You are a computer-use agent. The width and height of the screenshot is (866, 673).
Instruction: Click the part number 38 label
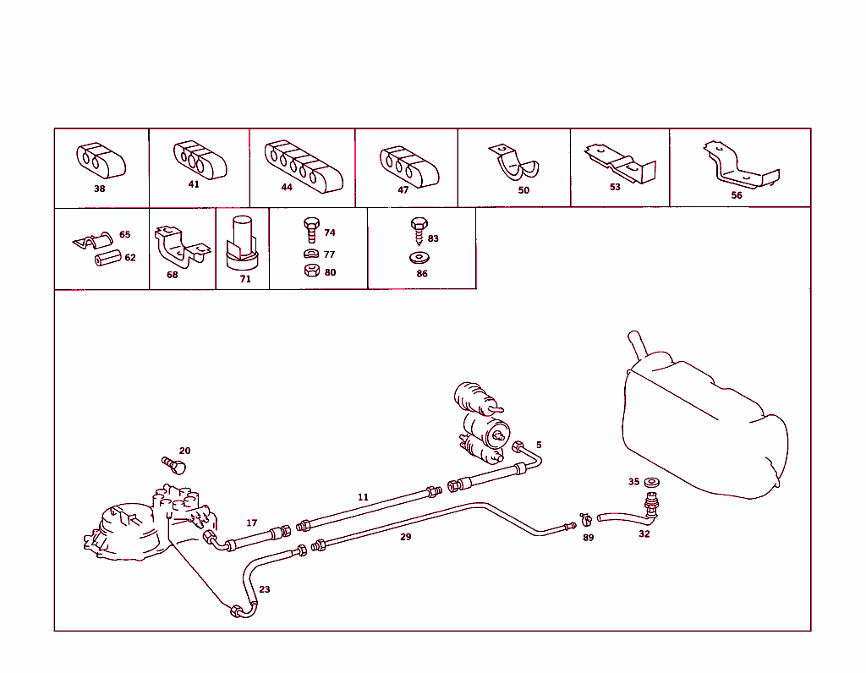(x=100, y=189)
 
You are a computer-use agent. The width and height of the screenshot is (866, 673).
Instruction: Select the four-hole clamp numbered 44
(x=304, y=166)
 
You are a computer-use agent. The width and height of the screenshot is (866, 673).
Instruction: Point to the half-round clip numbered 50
(x=514, y=162)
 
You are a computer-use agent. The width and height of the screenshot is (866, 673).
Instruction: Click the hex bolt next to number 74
(x=311, y=230)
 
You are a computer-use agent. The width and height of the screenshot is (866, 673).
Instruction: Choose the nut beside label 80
(x=312, y=271)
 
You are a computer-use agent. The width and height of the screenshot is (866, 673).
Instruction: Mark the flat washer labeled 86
(x=419, y=257)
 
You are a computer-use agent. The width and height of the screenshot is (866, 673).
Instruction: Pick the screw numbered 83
(x=419, y=231)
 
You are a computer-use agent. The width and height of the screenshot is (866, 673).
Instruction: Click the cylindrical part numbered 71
(x=243, y=243)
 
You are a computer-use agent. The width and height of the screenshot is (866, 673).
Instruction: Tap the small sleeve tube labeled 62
(x=107, y=258)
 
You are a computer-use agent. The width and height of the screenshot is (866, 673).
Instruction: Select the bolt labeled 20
(x=174, y=465)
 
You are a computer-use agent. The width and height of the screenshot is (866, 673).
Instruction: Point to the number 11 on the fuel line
(x=363, y=497)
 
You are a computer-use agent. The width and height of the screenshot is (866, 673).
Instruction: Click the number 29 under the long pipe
(x=405, y=537)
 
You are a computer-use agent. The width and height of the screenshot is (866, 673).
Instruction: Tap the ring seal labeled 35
(x=652, y=483)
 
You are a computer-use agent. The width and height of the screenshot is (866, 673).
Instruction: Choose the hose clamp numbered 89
(x=585, y=519)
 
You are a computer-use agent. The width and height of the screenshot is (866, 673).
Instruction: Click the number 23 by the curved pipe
(x=265, y=589)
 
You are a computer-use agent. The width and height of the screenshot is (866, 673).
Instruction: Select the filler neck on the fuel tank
(x=638, y=345)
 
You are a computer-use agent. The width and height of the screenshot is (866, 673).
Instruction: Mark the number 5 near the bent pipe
(x=539, y=445)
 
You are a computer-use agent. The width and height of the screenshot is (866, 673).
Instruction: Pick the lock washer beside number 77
(x=311, y=254)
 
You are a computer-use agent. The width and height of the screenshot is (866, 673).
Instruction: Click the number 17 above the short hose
(x=252, y=523)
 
